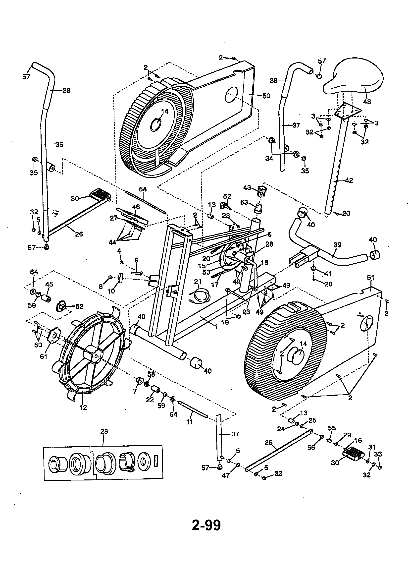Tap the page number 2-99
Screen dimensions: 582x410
[x=206, y=525]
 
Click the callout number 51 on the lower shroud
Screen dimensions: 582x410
[x=371, y=278]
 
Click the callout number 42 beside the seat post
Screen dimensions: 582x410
[x=349, y=180]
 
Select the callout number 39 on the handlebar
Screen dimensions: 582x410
[x=337, y=245]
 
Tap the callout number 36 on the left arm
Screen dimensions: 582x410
[x=59, y=144]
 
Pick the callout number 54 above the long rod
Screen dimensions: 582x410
[x=143, y=189]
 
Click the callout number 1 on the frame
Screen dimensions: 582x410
[x=216, y=327]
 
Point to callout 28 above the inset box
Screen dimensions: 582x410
[x=104, y=431]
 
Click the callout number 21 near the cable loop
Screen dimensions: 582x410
[x=198, y=281]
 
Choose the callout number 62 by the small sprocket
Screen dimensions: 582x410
[x=79, y=306]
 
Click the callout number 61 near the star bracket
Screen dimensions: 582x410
[x=44, y=357]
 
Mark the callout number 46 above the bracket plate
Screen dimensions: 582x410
[x=136, y=207]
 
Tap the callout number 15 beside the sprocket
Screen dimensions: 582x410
[x=202, y=266]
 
